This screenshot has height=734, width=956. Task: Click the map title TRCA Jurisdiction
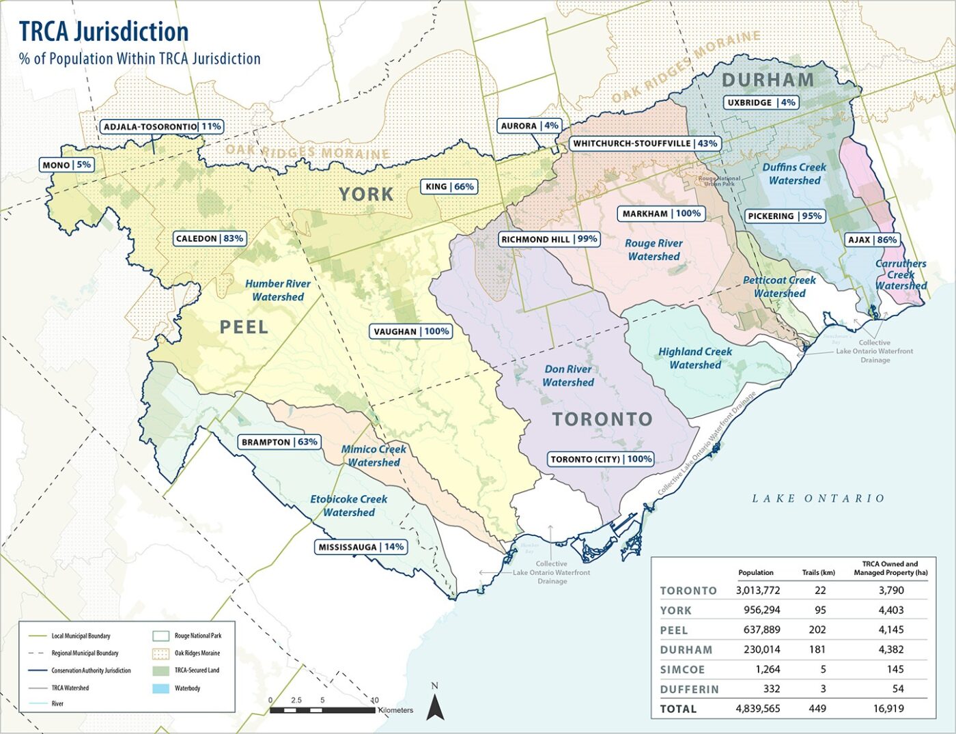pyautogui.click(x=104, y=31)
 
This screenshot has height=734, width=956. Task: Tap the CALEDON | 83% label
pyautogui.click(x=210, y=238)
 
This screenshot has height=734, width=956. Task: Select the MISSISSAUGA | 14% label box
pyautogui.click(x=361, y=547)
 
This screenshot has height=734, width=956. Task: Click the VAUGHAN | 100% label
pyautogui.click(x=411, y=331)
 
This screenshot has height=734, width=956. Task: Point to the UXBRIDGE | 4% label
pyautogui.click(x=761, y=102)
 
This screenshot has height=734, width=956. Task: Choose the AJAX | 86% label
pyautogui.click(x=872, y=240)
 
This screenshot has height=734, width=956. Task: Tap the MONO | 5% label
pyautogui.click(x=66, y=165)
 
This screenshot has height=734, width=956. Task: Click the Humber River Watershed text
pyautogui.click(x=278, y=290)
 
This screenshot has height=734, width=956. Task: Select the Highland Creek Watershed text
pyautogui.click(x=695, y=358)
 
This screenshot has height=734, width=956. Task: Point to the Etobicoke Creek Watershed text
pyautogui.click(x=348, y=505)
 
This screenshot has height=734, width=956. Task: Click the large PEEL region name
pyautogui.click(x=244, y=327)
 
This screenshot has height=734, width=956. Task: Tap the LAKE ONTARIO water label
pyautogui.click(x=818, y=498)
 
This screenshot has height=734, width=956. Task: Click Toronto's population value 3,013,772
pyautogui.click(x=757, y=591)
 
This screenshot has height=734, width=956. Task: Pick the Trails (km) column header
pyautogui.click(x=818, y=572)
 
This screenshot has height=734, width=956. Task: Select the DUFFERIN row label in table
pyautogui.click(x=689, y=690)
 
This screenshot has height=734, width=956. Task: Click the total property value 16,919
pyautogui.click(x=888, y=709)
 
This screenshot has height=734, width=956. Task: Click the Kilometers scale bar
pyautogui.click(x=323, y=710)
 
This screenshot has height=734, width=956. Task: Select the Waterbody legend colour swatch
pyautogui.click(x=163, y=688)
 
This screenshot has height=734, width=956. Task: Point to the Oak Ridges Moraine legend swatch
pyautogui.click(x=163, y=653)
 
